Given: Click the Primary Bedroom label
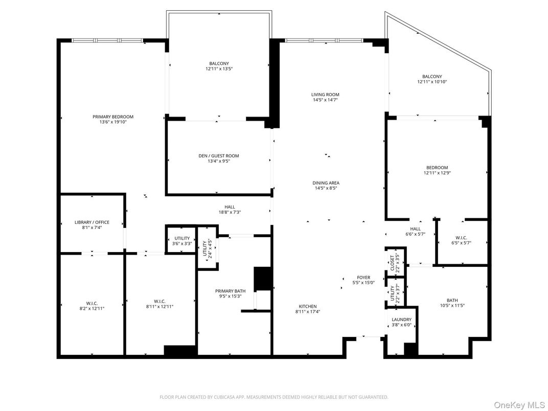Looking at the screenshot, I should pyautogui.click(x=113, y=117).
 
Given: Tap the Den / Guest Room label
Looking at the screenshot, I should pyautogui.click(x=219, y=156).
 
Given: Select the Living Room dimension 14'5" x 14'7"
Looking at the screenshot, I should pyautogui.click(x=325, y=100).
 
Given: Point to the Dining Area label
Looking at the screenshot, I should pyautogui.click(x=326, y=182).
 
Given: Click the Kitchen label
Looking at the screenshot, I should pyautogui.click(x=308, y=306).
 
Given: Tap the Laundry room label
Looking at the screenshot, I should pyautogui.click(x=401, y=319).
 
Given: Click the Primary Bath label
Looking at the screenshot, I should pyautogui.click(x=226, y=291).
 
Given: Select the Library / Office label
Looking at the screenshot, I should pyautogui.click(x=92, y=222).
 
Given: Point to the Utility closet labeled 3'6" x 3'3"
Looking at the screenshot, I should pyautogui.click(x=182, y=238).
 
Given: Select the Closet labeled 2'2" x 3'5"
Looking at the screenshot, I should pyautogui.click(x=395, y=262).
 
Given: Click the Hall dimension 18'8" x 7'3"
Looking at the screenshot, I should pyautogui.click(x=230, y=212).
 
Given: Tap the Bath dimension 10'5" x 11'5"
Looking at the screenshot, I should pyautogui.click(x=452, y=306).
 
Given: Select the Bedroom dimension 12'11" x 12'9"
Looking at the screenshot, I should pyautogui.click(x=437, y=173).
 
